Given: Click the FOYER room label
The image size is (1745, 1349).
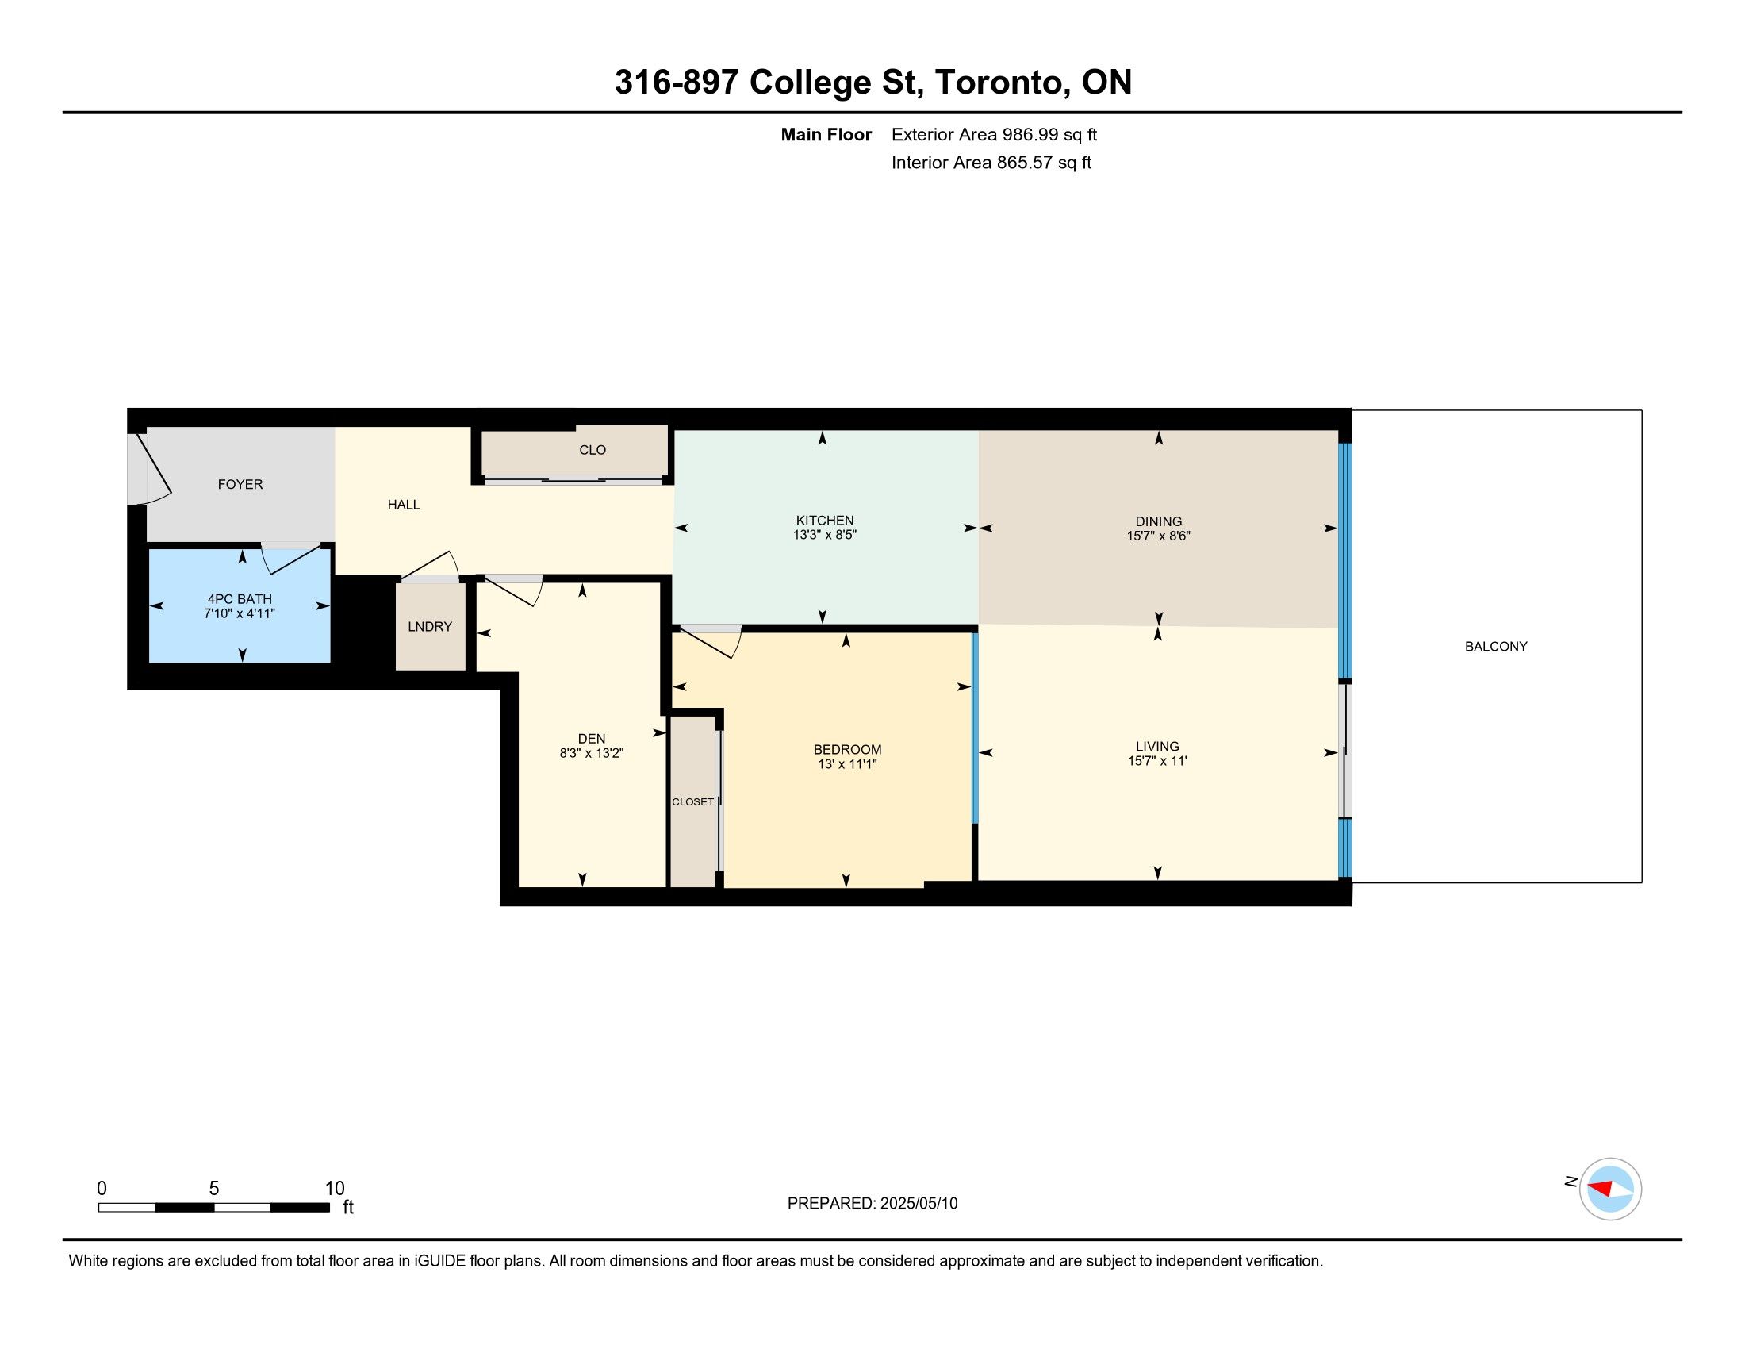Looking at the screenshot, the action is [240, 484].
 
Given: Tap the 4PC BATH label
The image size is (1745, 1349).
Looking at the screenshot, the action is [240, 599].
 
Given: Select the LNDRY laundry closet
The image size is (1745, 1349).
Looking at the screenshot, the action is [430, 627].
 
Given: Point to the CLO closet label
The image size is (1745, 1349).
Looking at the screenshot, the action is [593, 450].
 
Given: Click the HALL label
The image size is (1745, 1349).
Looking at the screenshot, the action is [404, 505].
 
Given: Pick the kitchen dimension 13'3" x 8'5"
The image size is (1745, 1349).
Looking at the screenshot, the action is [825, 535].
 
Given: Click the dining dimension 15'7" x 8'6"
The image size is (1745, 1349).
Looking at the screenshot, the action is [1159, 536].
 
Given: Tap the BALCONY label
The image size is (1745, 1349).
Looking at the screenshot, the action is [1496, 647].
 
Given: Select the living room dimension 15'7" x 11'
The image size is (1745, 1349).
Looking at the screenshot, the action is [1157, 761].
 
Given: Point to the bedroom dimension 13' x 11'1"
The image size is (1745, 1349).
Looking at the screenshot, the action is [847, 764].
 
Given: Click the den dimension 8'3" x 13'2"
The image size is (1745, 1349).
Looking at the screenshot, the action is [591, 753].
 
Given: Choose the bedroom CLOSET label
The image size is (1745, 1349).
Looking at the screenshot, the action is [692, 801].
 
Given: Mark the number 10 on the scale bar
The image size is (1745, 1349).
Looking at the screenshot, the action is [335, 1189].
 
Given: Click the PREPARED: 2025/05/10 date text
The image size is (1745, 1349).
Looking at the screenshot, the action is [872, 1204].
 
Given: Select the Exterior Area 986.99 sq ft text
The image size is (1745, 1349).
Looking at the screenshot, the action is [994, 135].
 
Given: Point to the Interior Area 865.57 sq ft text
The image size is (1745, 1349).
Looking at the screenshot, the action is [991, 163].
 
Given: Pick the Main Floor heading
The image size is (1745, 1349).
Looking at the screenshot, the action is [826, 135].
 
